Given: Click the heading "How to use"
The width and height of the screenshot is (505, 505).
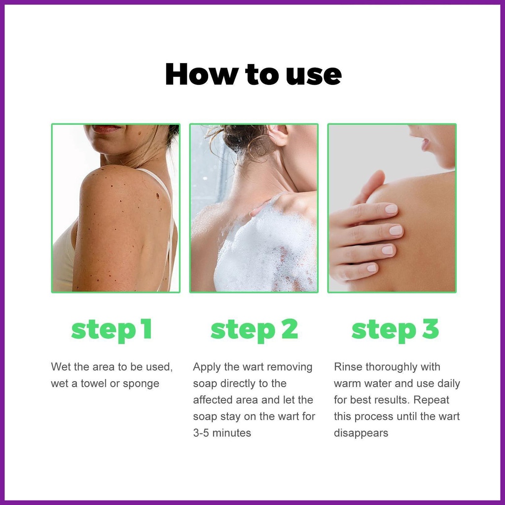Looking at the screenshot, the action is click(253, 74).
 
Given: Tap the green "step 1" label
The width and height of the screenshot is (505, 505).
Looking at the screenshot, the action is click(111, 330).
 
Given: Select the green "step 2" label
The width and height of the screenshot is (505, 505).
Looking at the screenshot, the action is click(254, 330).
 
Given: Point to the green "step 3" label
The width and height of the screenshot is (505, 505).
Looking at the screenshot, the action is click(395, 330).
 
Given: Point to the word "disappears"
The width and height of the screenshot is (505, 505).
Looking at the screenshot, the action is click(361, 433).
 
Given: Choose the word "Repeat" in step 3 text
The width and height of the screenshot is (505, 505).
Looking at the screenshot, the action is click(431, 400).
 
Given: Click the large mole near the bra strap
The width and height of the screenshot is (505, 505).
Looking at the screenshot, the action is click(157, 195).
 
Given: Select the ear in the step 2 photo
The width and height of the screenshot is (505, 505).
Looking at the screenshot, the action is click(280, 135).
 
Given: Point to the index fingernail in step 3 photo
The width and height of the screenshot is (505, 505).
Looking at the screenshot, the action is click(391, 209).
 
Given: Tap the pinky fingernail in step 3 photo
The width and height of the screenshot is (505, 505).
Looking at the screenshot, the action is click(372, 268).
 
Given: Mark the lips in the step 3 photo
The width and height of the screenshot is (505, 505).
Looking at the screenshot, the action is click(426, 144).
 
